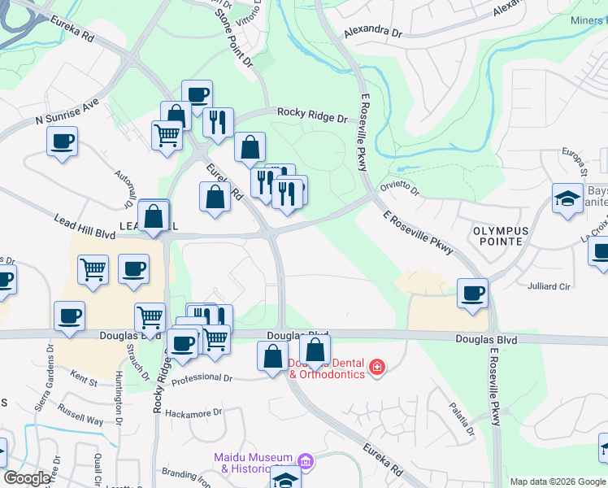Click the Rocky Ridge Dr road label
(312, 115)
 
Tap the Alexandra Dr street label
(373, 33)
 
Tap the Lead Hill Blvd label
(85, 227)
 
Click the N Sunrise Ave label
(66, 112)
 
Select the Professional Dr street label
(202, 378)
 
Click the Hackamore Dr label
(193, 413)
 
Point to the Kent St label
(84, 379)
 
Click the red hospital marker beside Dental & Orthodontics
(376, 368)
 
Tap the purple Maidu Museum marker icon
(305, 462)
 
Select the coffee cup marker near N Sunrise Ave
(63, 142)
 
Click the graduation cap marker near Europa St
(567, 197)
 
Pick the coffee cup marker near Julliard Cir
(471, 293)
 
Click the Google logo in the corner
(27, 478)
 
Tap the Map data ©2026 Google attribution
(558, 481)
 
